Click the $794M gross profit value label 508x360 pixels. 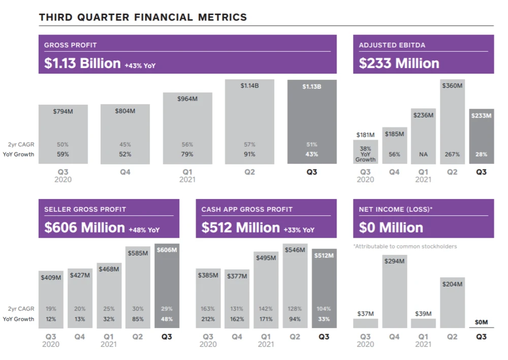coord(63,111)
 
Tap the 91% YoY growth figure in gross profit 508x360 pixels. coord(249,154)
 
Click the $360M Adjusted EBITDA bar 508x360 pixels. coord(452,122)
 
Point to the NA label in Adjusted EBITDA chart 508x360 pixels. coord(423,154)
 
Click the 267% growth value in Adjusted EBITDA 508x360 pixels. coord(452,154)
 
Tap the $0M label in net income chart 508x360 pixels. coord(481,322)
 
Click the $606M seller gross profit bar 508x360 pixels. coord(167,287)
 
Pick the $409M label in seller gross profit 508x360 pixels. coord(50,277)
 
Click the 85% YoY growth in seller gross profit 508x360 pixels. coord(138,319)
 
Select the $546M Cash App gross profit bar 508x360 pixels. coord(295,287)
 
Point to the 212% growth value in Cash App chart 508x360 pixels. coord(208,319)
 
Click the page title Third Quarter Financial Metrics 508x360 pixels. coord(143,17)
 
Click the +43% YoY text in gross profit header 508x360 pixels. coord(141,65)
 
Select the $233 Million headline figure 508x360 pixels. coord(399,63)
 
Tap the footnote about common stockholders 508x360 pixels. coord(405,246)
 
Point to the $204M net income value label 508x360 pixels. coord(452,284)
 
